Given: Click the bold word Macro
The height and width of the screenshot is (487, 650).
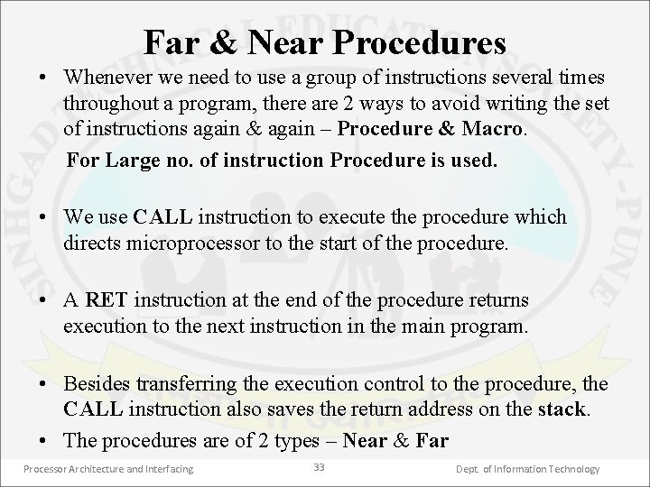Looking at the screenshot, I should pos(489,130).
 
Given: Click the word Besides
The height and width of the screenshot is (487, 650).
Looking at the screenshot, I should pos(96,384).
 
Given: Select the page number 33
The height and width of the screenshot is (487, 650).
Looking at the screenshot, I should pos(318,467).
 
